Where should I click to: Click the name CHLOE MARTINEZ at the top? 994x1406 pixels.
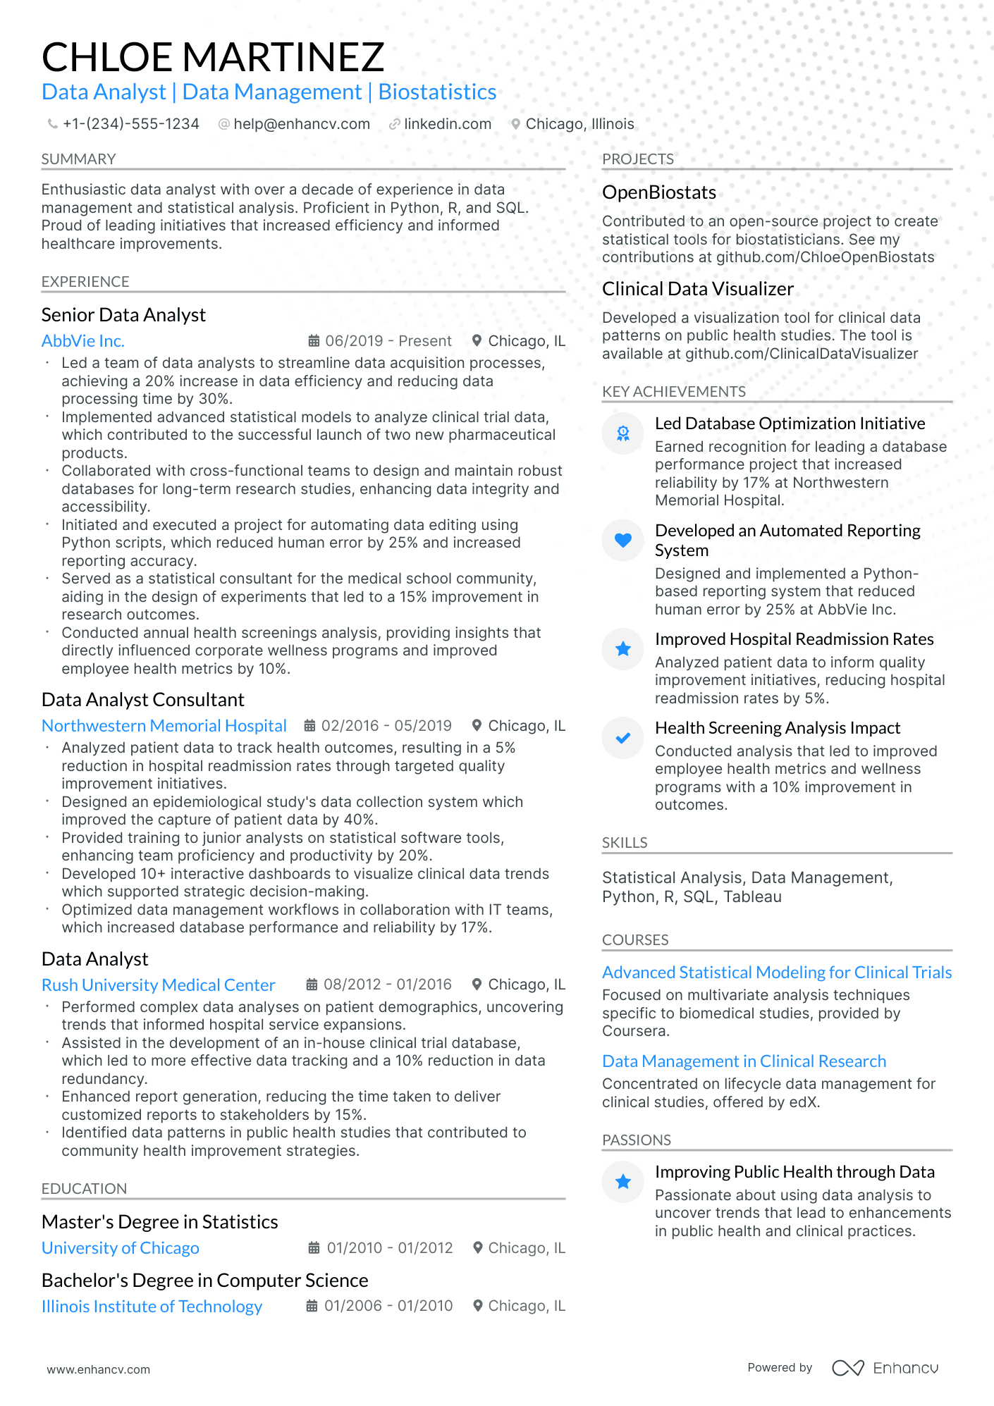[213, 57]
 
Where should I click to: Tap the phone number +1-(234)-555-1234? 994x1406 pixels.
[130, 124]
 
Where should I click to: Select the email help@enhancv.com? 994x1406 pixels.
[301, 124]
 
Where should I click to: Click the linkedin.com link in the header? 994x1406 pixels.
[447, 124]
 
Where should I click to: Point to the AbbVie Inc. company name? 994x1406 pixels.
[83, 341]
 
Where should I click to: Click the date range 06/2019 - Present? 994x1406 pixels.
[388, 341]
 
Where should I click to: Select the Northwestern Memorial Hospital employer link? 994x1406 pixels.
[164, 726]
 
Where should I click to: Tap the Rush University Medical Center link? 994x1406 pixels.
[158, 985]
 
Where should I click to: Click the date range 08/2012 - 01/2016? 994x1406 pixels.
[387, 985]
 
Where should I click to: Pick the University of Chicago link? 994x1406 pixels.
[120, 1248]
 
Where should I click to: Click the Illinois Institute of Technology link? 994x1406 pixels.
[152, 1307]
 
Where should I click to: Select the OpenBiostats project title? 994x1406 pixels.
[658, 192]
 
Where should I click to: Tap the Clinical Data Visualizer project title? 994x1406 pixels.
[697, 289]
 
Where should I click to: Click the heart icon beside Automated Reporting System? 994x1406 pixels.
[622, 541]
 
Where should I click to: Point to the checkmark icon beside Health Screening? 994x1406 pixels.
[622, 738]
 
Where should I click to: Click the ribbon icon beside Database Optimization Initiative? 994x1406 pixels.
[622, 433]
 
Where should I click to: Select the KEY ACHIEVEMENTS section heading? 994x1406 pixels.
[673, 392]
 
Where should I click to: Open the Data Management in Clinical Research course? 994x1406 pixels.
[744, 1061]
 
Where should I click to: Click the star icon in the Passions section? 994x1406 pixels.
[622, 1182]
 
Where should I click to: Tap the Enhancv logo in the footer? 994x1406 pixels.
[885, 1368]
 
